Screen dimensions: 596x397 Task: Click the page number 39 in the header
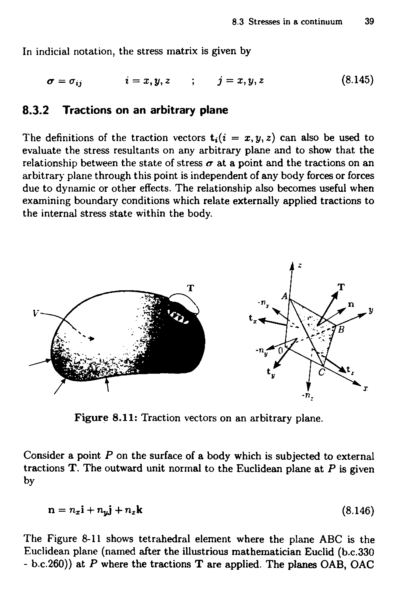coord(369,22)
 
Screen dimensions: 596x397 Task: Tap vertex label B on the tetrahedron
coord(342,330)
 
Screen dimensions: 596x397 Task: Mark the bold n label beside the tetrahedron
coord(351,304)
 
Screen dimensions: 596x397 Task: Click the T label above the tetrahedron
coord(342,287)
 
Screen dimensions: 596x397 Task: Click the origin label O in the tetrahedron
coord(280,351)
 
